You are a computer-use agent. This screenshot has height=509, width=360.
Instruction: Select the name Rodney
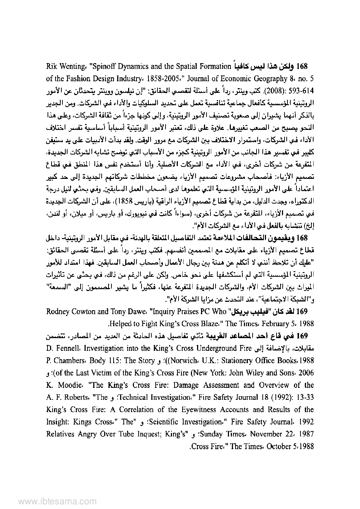[x=58, y=312]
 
